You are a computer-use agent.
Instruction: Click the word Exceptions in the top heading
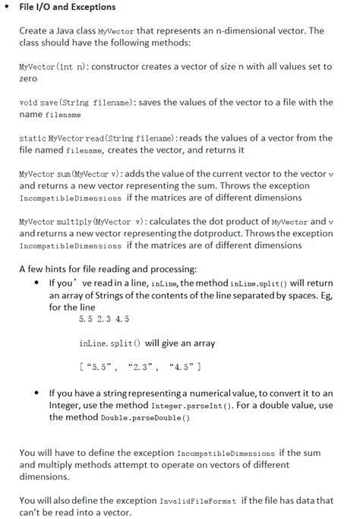[x=92, y=8]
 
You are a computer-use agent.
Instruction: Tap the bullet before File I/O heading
[x=7, y=8]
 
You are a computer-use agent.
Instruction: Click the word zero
[x=28, y=78]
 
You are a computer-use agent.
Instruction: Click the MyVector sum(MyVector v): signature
[x=64, y=174]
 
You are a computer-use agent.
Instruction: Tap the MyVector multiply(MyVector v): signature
[x=71, y=222]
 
